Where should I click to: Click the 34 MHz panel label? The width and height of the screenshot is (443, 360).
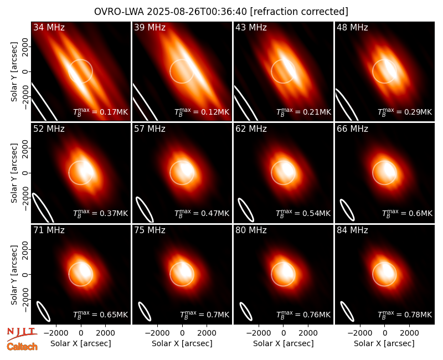pos(49,27)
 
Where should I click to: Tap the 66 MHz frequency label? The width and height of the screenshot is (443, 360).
pos(352,129)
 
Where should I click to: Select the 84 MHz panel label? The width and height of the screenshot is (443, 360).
pos(352,230)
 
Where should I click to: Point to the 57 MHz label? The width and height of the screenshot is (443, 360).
pos(150,129)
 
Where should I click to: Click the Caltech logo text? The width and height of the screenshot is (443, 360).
pos(22,347)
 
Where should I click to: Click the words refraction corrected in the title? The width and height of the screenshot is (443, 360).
pos(299,12)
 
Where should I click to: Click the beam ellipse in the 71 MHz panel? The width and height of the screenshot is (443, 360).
pos(44,311)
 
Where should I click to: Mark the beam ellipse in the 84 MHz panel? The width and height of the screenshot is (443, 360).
pos(347,311)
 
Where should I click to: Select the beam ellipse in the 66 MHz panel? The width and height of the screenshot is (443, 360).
pos(347,210)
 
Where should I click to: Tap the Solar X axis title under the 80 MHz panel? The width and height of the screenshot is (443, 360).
pos(284,343)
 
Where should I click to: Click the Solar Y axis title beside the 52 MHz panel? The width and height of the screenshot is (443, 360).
pos(14,173)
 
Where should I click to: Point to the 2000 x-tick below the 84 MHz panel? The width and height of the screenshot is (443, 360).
pos(409,333)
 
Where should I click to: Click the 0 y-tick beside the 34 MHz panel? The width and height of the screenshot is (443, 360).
pos(25,71)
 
